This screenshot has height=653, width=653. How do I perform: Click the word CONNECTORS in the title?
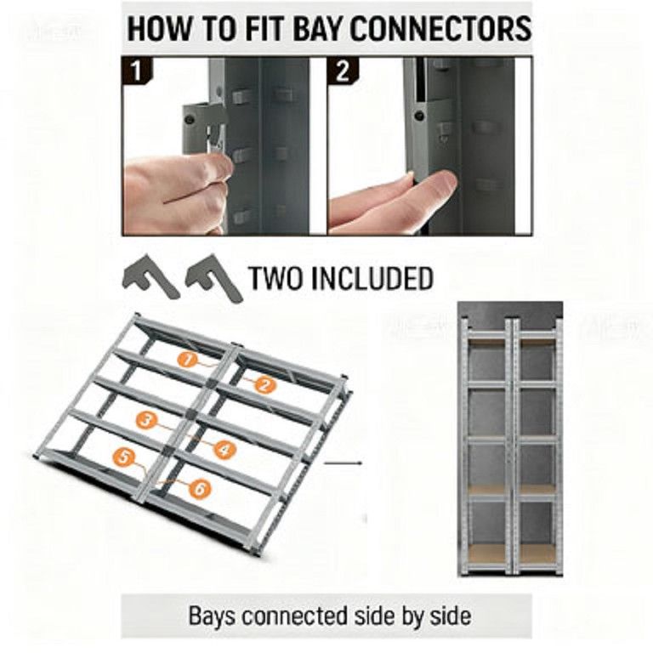pyautogui.click(x=440, y=29)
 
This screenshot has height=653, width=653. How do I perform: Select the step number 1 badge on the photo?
pyautogui.click(x=137, y=70)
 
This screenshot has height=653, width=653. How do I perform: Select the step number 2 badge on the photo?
pyautogui.click(x=342, y=70)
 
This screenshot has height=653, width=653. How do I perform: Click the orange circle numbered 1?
pyautogui.click(x=188, y=360)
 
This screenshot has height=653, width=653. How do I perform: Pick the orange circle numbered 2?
pyautogui.click(x=264, y=384)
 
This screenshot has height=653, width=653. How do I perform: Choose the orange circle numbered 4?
pyautogui.click(x=224, y=449)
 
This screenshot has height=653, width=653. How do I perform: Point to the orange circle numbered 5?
pyautogui.click(x=123, y=457)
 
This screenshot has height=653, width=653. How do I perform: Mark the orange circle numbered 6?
pyautogui.click(x=200, y=488)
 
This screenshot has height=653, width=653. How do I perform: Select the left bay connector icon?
pyautogui.click(x=150, y=275)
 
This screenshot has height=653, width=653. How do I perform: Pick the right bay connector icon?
pyautogui.click(x=213, y=277)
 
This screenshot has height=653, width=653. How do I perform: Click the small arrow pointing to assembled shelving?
pyautogui.click(x=343, y=463)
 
